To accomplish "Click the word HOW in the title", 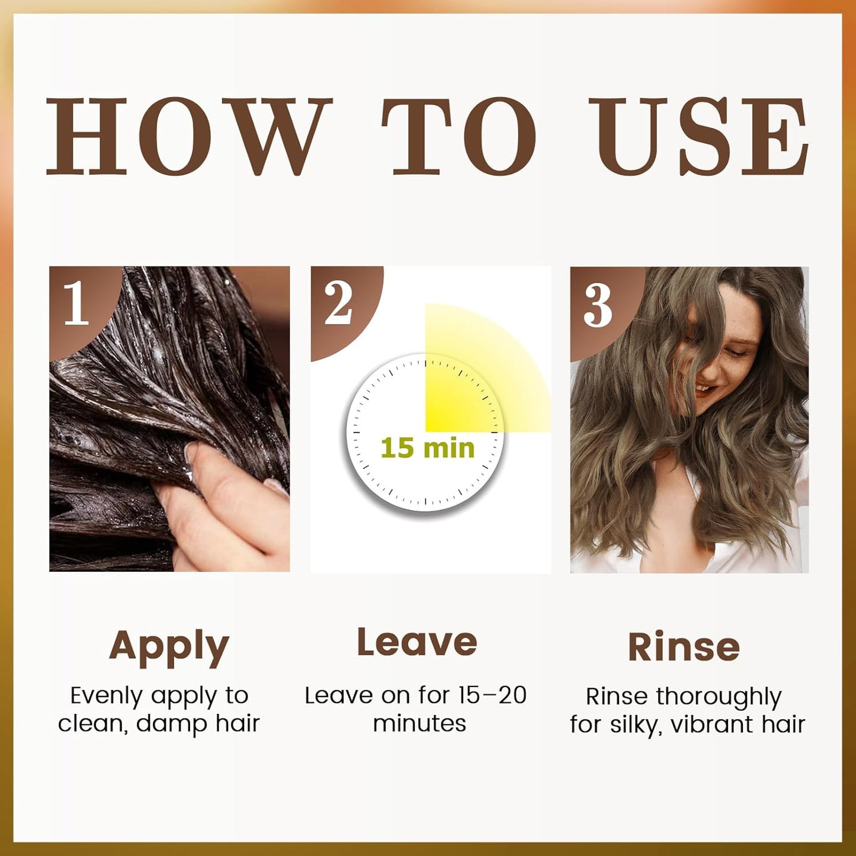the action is [189, 136].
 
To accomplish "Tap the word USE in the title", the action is [697, 136].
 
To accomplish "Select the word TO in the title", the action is [459, 136].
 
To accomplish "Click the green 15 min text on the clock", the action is [428, 448].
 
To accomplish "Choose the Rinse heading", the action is [684, 647].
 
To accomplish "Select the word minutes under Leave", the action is [419, 723].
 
